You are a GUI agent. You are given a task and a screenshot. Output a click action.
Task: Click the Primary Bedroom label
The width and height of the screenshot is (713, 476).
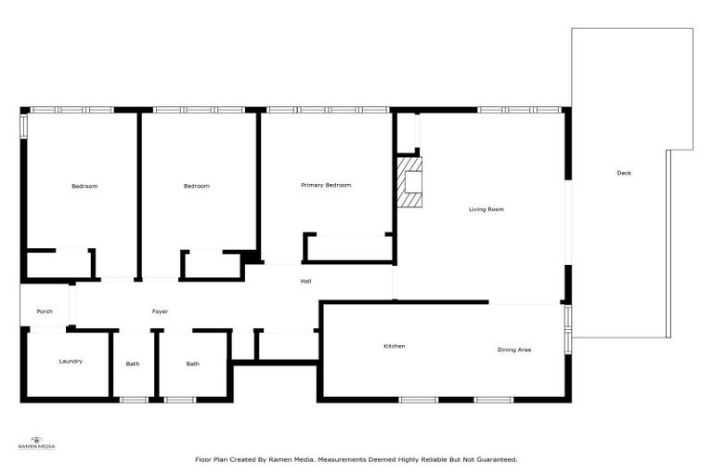(x=326, y=185)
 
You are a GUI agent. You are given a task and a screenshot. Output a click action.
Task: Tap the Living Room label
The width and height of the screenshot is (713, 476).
(x=486, y=209)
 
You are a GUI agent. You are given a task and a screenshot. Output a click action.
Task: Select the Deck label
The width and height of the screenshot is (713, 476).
(x=624, y=172)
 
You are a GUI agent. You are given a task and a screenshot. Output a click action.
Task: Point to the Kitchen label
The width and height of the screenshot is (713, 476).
(x=395, y=346)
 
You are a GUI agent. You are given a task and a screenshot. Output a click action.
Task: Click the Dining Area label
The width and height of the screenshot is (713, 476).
(x=513, y=350)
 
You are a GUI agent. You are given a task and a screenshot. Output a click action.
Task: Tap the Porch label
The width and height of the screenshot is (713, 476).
(x=45, y=311)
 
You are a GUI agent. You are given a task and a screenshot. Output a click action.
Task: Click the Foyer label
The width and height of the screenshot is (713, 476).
(x=160, y=311)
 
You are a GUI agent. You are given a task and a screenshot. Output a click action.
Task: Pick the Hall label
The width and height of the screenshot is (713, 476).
(x=305, y=281)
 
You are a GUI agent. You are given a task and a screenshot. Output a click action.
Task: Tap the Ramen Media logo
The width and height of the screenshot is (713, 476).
(x=37, y=443)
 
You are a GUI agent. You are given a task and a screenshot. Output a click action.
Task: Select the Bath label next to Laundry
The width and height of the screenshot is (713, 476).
(x=133, y=364)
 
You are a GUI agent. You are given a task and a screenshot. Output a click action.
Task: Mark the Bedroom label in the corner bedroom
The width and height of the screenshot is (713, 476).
(x=84, y=186)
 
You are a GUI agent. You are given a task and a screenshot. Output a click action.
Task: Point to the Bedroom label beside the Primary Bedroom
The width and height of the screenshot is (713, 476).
(x=196, y=186)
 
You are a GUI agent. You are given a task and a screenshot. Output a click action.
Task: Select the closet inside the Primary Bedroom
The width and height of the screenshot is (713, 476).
(x=349, y=248)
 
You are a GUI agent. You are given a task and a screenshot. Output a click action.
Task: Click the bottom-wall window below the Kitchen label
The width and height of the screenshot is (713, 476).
(x=418, y=400)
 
